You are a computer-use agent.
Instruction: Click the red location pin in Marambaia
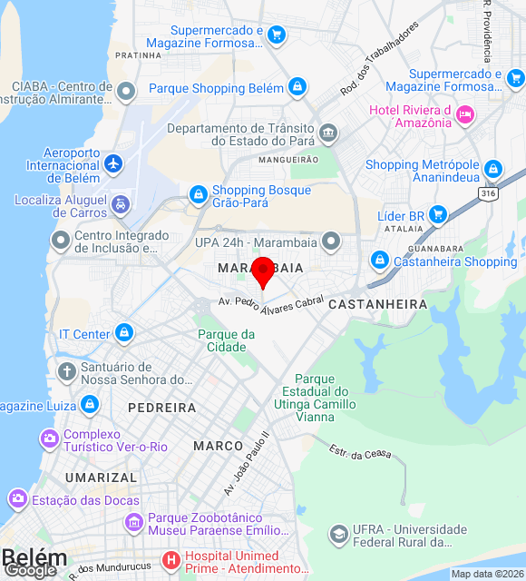(263, 271)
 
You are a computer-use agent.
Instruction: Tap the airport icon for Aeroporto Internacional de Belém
(113, 164)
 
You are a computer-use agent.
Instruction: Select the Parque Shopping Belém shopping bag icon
(297, 87)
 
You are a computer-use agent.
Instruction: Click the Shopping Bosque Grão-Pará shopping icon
(198, 194)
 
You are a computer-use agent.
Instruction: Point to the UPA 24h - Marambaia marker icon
(331, 241)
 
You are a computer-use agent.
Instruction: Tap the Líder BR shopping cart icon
(438, 215)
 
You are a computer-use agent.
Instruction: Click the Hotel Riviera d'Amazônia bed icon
(464, 114)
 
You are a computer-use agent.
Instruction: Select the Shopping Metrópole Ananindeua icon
(492, 169)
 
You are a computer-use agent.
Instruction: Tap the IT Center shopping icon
(123, 333)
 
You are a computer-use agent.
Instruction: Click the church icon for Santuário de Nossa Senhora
(66, 371)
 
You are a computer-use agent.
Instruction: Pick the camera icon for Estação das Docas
(17, 499)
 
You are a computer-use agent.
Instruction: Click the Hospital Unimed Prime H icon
(170, 561)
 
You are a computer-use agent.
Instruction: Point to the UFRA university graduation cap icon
(338, 534)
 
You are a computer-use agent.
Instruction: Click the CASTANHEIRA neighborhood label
(377, 304)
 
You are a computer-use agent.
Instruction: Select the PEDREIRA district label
(161, 408)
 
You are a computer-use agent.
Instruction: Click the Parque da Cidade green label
(226, 340)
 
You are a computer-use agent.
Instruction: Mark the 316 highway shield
(490, 193)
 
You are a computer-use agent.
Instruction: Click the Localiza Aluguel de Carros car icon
(121, 206)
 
